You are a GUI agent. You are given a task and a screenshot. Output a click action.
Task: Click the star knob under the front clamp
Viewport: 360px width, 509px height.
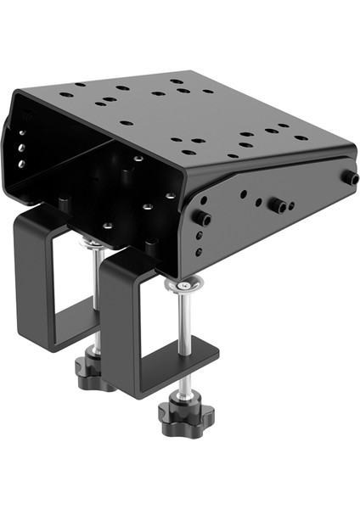[x=185, y=417]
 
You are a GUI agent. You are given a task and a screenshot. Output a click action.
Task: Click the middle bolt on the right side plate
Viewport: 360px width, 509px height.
[x=277, y=206]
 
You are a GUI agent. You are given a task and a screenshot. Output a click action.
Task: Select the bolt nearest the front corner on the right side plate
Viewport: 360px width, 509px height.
[x=204, y=220]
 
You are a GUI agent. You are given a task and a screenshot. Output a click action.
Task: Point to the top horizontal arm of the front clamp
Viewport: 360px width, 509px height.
[x=136, y=263]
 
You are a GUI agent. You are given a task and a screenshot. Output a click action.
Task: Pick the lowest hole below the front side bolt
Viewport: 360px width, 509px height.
[x=199, y=251]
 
